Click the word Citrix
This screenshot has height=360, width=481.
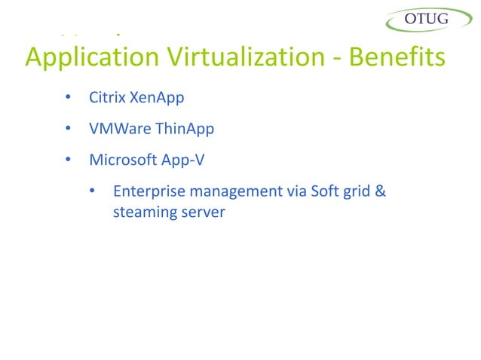108,98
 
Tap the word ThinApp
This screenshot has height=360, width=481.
185,130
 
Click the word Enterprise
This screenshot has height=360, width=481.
147,191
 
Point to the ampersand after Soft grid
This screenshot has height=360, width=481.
381,191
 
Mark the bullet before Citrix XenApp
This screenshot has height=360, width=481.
67,99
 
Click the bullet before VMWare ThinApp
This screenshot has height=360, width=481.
67,130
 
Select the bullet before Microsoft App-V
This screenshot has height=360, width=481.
67,160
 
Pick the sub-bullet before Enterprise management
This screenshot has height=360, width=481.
92,191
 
